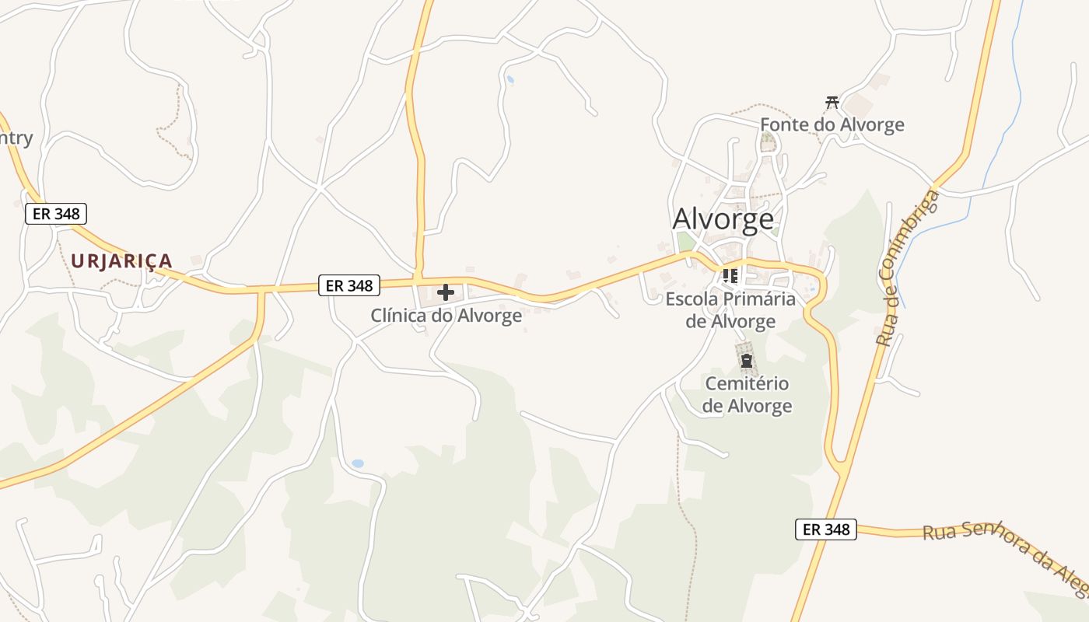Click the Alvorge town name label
(x=723, y=219)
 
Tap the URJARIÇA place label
(x=121, y=260)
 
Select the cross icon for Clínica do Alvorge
(x=446, y=292)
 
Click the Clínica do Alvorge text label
(x=446, y=316)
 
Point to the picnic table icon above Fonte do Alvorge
(x=832, y=102)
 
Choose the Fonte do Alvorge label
(x=832, y=124)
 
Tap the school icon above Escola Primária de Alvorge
(x=730, y=276)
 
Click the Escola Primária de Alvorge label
(x=731, y=310)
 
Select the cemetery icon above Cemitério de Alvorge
(x=747, y=361)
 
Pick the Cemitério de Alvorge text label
(x=747, y=394)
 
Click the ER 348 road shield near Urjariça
(x=56, y=214)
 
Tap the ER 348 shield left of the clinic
(x=349, y=285)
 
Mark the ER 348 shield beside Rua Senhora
(x=825, y=529)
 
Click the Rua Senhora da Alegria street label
(x=1003, y=554)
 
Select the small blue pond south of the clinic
(x=357, y=463)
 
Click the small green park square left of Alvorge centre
(x=685, y=242)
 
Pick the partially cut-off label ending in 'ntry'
(x=16, y=138)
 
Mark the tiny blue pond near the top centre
(x=510, y=79)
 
